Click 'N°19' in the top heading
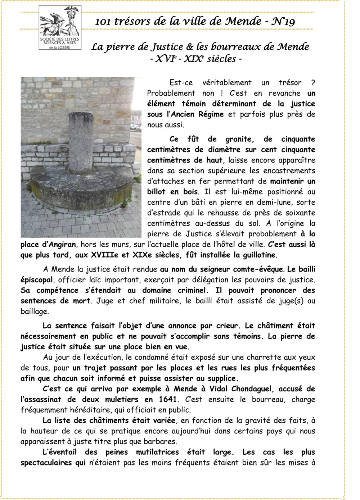point(283,22)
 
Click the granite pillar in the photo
point(81,144)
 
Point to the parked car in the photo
point(136,126)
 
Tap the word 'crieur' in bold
point(226,326)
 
